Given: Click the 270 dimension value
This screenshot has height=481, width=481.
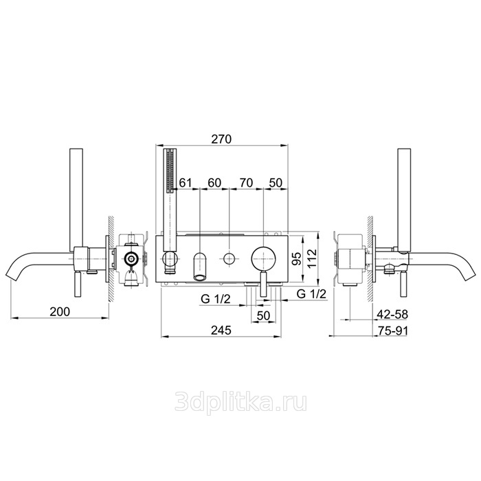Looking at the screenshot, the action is pos(221,139).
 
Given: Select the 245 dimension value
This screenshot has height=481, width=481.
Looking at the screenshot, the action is pos(221,331).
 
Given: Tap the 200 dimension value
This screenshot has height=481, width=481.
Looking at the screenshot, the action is pos(60,312).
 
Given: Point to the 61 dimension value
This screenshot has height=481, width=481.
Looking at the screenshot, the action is pos(186,183).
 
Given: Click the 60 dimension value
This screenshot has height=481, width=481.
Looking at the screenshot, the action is pos(214,183).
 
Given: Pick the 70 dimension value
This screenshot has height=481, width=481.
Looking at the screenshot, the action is pos(246,183).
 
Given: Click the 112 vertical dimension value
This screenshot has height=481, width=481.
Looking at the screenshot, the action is pos(311,258).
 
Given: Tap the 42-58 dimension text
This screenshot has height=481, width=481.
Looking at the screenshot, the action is pos(392,315).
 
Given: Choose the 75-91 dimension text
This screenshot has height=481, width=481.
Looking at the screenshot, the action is pos(392,331).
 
